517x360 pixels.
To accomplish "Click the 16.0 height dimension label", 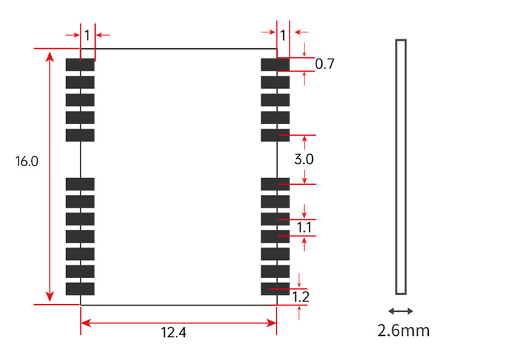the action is (27, 161).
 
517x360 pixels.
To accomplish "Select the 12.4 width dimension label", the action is (174, 332).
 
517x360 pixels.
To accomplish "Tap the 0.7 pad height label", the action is (325, 63).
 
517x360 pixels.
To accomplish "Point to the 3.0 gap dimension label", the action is (304, 159).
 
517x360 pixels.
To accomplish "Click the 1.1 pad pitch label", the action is (304, 228).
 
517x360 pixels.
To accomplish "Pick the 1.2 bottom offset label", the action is (301, 297).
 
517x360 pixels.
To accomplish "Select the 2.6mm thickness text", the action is (403, 330).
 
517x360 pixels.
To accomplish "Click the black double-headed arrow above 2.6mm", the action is (401, 311).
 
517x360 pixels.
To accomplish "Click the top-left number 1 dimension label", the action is (87, 35).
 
